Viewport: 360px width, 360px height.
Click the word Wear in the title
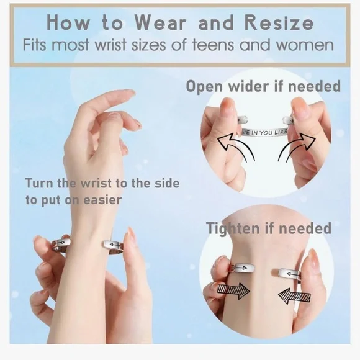click(160, 23)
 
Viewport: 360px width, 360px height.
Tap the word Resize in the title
click(279, 22)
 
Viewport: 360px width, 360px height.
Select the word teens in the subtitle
click(213, 45)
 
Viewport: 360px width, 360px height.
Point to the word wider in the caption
click(249, 86)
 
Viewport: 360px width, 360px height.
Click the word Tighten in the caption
click(233, 228)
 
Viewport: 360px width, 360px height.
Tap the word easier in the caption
click(102, 200)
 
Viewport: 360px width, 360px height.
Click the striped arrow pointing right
click(233, 290)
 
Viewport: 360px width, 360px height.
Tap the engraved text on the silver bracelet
click(264, 132)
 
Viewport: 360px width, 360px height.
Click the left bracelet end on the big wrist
click(61, 245)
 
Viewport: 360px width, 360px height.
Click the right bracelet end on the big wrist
click(113, 246)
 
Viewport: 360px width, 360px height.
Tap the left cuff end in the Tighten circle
click(243, 268)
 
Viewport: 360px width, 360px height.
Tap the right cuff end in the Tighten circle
click(290, 274)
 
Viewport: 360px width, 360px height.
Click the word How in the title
click(68, 23)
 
